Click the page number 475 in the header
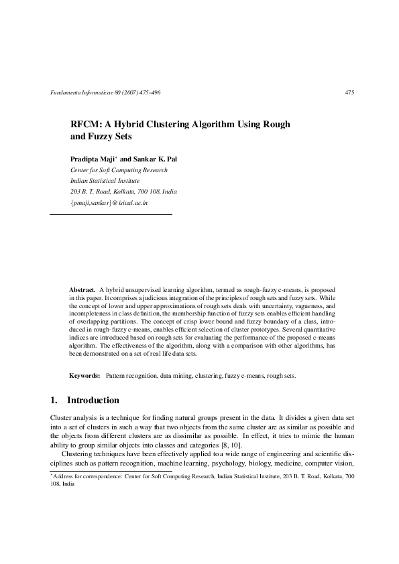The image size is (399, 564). tap(349, 92)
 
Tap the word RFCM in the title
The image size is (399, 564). tap(87, 125)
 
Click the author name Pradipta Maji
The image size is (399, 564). tap(93, 159)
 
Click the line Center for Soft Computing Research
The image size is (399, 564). tap(119, 170)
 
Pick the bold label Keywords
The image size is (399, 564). tap(85, 376)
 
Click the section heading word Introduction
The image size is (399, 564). tap(93, 401)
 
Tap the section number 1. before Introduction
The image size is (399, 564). tap(54, 401)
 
